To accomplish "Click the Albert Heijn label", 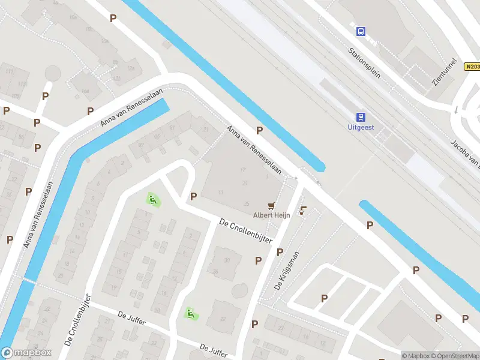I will [272, 215].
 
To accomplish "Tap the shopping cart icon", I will [272, 205].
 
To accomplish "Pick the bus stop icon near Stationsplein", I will [361, 31].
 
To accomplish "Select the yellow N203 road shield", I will [472, 67].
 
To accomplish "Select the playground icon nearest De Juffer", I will [190, 313].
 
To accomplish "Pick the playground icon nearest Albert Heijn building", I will [153, 199].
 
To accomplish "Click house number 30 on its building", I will [227, 260].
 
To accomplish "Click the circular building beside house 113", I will [53, 73].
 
